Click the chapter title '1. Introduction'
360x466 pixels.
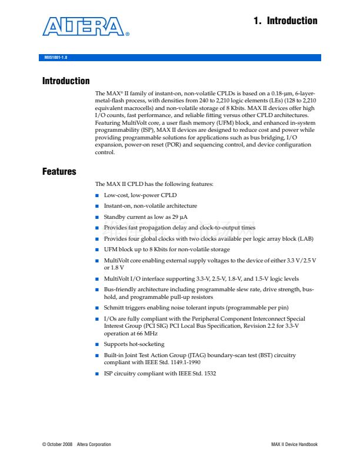coord(285,21)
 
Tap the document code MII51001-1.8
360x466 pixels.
coord(56,58)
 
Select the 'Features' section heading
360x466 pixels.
coord(59,172)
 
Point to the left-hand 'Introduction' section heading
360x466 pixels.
coord(66,81)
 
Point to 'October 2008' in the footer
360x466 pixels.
coord(59,444)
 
